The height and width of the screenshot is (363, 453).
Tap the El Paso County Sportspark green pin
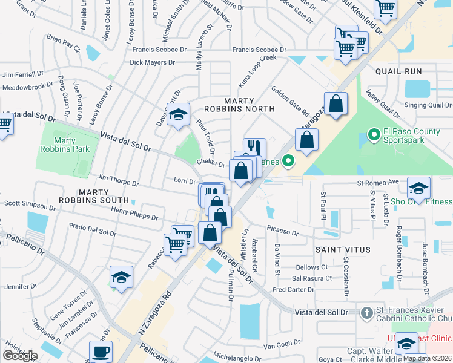tap(374, 134)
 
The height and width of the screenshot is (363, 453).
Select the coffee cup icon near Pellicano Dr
tap(101, 352)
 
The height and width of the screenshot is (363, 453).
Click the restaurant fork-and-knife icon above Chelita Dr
tap(255, 148)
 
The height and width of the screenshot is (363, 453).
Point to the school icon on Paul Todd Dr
tap(178, 114)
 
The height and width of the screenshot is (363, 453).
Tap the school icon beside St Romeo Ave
tap(418, 188)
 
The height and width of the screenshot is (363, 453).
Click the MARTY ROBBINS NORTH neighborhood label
tap(249, 105)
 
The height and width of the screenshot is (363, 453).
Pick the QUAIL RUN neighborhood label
tap(398, 71)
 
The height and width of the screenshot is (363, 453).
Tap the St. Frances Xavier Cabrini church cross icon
tap(366, 313)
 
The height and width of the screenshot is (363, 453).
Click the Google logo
tap(20, 356)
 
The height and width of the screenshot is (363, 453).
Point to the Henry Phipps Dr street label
tap(134, 213)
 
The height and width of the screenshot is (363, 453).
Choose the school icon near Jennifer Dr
tap(121, 278)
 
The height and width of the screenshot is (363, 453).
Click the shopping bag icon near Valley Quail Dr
tap(336, 103)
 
